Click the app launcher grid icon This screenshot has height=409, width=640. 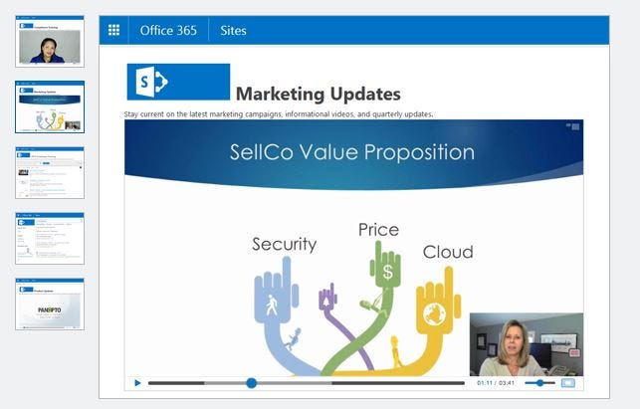(113, 30)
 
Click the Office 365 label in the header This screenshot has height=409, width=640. (168, 30)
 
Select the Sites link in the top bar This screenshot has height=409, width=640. (232, 30)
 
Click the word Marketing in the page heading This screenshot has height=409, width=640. (282, 95)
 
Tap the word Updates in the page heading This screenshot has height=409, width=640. (367, 95)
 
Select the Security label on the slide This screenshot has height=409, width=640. (284, 244)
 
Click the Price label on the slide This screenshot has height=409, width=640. (378, 230)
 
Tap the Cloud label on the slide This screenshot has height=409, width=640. (447, 252)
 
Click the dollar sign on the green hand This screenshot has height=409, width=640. (386, 270)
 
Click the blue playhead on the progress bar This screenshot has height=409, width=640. (251, 382)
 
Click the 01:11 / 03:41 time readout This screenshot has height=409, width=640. (496, 382)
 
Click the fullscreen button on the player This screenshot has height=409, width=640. (568, 382)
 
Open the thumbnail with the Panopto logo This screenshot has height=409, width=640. (50, 305)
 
